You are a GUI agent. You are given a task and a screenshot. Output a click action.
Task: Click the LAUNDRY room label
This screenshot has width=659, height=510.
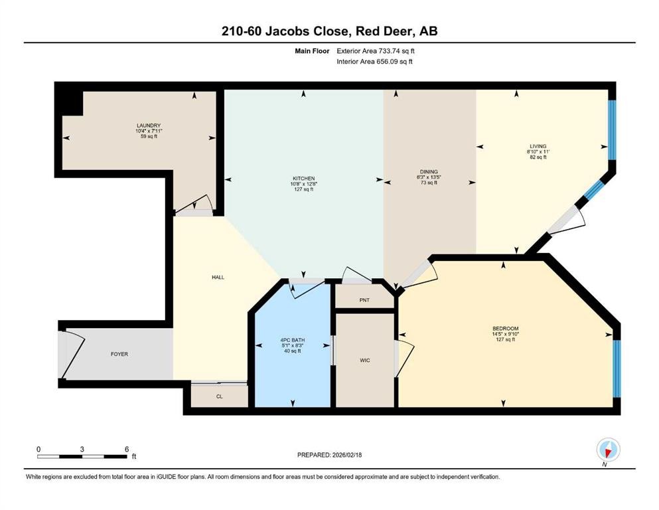[149, 126]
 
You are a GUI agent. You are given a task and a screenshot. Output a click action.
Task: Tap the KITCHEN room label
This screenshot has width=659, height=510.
[303, 179]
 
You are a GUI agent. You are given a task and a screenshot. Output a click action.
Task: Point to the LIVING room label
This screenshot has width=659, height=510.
[537, 146]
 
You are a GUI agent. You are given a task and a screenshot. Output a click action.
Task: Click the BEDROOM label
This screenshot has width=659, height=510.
[504, 329]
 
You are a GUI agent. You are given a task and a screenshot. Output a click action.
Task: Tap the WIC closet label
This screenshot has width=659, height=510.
[364, 360]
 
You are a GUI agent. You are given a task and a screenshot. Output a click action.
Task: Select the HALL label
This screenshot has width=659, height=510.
[218, 277]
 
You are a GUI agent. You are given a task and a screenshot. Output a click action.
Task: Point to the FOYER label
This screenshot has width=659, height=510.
[119, 354]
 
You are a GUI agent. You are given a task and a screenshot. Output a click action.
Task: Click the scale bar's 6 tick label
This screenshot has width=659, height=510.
[125, 449]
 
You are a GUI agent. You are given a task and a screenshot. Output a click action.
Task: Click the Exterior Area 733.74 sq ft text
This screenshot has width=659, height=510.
[376, 50]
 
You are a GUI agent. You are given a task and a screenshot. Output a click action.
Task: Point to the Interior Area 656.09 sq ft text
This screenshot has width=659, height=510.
[376, 62]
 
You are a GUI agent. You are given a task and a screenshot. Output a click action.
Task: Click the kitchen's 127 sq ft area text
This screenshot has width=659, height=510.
[303, 189]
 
